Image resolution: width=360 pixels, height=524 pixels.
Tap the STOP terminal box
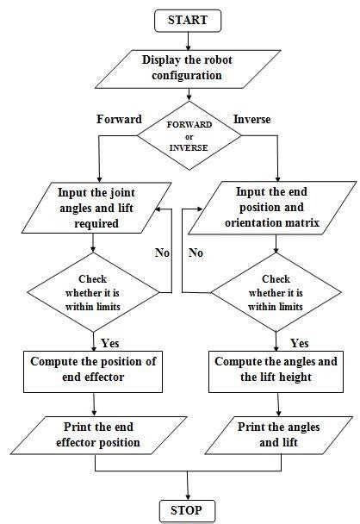click(187, 509)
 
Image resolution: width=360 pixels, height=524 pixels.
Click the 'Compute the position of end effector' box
click(92, 368)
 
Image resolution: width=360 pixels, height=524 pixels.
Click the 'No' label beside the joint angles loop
click(161, 253)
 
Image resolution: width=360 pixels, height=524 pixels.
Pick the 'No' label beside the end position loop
click(197, 253)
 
